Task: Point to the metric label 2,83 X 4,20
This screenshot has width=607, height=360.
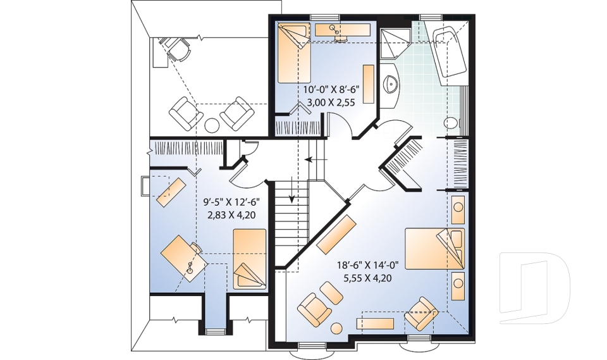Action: click(231, 214)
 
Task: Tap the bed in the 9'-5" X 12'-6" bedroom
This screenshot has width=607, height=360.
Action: click(250, 259)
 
